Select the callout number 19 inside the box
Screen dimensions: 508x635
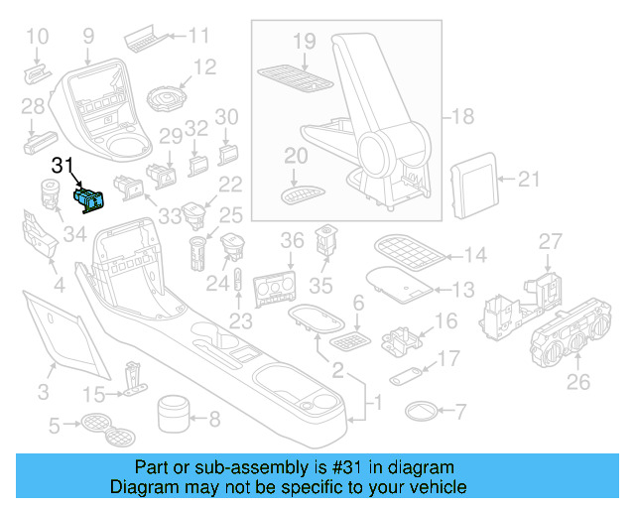click(x=304, y=41)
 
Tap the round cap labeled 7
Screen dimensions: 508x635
click(x=422, y=410)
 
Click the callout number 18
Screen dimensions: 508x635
click(x=463, y=117)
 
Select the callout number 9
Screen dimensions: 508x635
click(x=88, y=36)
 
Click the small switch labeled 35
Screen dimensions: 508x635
click(x=325, y=240)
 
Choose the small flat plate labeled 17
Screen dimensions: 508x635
click(x=402, y=376)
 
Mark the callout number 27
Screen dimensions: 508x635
click(x=550, y=241)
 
